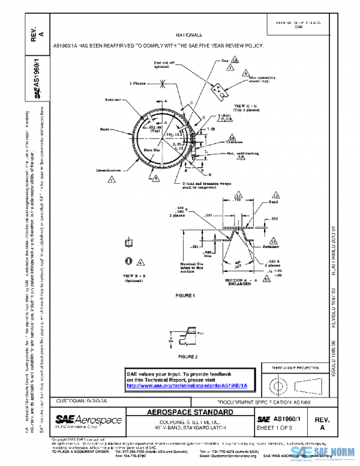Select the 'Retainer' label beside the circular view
click(x=114, y=100)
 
